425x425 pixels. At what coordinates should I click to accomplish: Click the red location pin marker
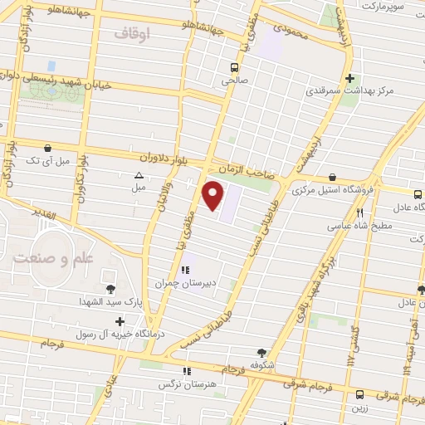(214, 195)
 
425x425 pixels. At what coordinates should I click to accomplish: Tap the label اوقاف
(130, 34)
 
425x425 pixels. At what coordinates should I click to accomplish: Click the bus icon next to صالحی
(235, 66)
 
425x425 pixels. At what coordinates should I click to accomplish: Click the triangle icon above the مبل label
(139, 175)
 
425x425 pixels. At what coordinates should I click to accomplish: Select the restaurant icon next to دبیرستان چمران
(185, 269)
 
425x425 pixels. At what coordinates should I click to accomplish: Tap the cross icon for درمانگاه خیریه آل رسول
(121, 321)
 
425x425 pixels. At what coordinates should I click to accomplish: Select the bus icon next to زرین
(359, 394)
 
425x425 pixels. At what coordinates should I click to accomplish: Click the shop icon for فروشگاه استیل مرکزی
(332, 177)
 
